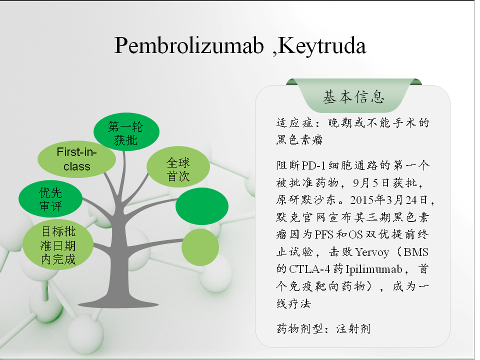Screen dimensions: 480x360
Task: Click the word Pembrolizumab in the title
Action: click(189, 46)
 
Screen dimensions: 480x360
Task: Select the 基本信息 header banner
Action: click(354, 95)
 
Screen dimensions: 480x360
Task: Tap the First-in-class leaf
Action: click(77, 159)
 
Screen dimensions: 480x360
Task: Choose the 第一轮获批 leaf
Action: click(126, 131)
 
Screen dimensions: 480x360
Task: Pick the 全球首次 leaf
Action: click(178, 167)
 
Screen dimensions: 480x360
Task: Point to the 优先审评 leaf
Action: click(50, 199)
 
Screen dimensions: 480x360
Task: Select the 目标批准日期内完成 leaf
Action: click(58, 245)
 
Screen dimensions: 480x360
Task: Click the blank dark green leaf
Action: click(202, 206)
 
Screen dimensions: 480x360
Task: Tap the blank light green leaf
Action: click(200, 247)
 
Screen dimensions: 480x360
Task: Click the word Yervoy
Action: click(372, 252)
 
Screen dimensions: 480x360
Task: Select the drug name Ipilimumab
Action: click(374, 269)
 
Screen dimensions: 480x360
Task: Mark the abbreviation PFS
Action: click(324, 235)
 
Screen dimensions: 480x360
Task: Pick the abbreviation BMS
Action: click(415, 252)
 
